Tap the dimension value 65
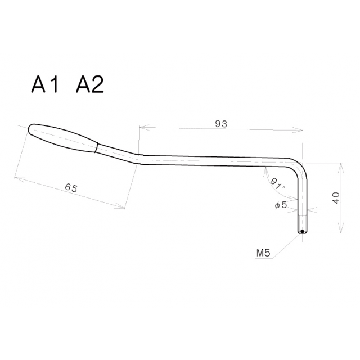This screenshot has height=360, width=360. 71,188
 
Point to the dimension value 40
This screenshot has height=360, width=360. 336,198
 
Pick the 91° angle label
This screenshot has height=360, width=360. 278,183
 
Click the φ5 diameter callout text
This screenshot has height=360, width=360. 281,205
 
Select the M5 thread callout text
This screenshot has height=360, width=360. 264,253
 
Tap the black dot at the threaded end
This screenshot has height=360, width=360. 302,231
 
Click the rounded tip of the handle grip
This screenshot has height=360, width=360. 30,129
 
